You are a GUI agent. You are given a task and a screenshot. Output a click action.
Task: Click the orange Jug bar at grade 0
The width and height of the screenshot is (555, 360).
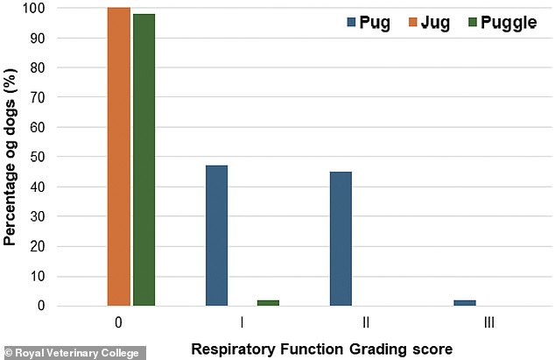coord(119,156)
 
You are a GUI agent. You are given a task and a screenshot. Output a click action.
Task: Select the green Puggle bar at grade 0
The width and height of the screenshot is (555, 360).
coord(144,159)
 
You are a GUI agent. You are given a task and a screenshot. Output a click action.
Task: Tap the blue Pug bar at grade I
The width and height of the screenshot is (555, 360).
coord(216,236)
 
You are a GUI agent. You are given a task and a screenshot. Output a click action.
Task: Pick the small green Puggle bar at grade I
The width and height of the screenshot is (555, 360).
coord(268,302)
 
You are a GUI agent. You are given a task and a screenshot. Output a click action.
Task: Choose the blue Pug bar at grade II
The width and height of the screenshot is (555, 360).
coord(341,238)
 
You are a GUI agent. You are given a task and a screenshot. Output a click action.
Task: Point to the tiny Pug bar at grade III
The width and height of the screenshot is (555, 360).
coord(465,302)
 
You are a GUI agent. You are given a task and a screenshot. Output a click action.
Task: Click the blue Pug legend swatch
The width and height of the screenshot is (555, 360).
coord(351,22)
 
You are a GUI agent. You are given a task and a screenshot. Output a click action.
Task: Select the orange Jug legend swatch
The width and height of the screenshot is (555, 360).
coord(412,22)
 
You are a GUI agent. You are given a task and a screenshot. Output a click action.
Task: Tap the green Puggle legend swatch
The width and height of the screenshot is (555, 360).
coord(473,22)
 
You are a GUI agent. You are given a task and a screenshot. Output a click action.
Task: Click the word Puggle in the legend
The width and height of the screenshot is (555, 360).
coord(509,24)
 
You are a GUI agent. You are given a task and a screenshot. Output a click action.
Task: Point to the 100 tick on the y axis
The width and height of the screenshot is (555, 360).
coord(34,8)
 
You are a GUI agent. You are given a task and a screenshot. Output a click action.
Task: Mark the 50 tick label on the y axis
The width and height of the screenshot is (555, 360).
coord(37,157)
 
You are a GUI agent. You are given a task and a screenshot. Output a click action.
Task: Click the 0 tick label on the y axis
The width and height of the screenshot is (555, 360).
coord(41,306)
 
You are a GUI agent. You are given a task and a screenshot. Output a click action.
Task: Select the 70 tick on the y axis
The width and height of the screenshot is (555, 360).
coord(37,97)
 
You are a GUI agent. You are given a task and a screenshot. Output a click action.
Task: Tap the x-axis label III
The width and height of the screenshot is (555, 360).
coord(489,322)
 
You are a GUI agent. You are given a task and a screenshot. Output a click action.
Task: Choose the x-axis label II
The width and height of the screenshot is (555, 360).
coord(366,322)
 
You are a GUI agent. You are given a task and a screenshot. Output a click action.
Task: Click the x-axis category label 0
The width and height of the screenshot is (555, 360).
coord(118,322)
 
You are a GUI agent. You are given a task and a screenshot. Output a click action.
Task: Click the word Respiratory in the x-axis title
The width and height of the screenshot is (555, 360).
coord(233,349)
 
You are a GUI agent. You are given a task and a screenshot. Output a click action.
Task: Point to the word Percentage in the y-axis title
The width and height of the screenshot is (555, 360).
coord(10,204)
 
